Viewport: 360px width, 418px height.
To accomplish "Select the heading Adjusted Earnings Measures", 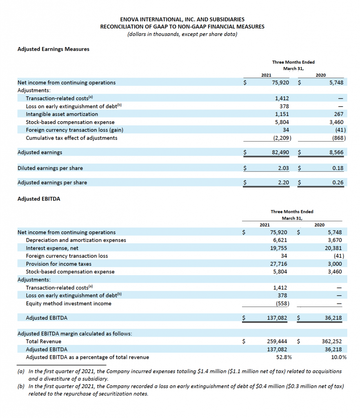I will pos(53,49).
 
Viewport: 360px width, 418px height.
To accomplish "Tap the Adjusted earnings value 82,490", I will pos(280,152).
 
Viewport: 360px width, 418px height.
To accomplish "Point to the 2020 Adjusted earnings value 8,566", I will pos(336,152).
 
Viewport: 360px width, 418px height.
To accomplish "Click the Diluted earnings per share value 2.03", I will pos(283,168).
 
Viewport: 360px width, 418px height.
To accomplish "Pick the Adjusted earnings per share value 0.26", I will pos(338,182).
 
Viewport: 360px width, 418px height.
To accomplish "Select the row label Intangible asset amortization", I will pos(62,114).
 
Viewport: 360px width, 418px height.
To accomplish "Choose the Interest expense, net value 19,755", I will pos(278,248).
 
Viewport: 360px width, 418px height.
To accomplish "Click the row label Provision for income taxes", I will pos(58,264).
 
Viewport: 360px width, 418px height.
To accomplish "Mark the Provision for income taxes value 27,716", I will pos(278,264).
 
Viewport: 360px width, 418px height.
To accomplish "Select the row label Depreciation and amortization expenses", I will pos(76,240).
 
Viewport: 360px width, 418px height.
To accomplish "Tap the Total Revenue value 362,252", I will pos(332,341).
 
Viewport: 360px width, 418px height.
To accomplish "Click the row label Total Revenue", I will pos(43,341).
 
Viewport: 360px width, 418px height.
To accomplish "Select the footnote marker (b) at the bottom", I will pos(21,386).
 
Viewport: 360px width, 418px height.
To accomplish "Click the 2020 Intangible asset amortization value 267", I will pos(338,114).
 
